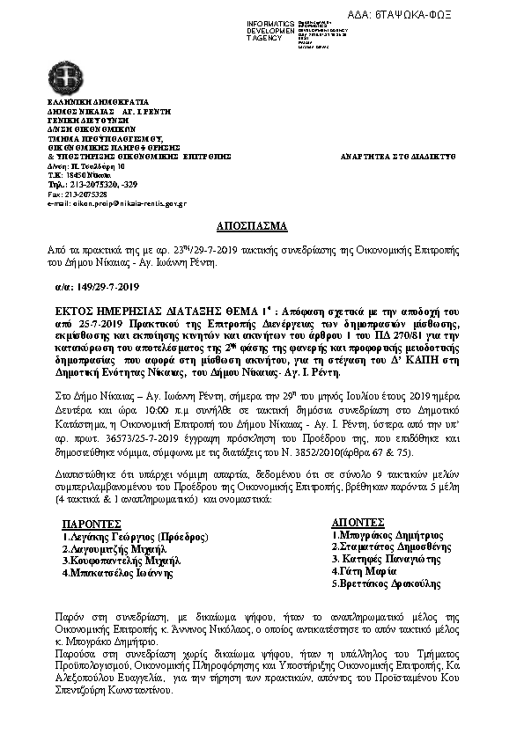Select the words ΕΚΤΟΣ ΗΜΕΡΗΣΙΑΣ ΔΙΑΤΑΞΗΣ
point(127,311)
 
